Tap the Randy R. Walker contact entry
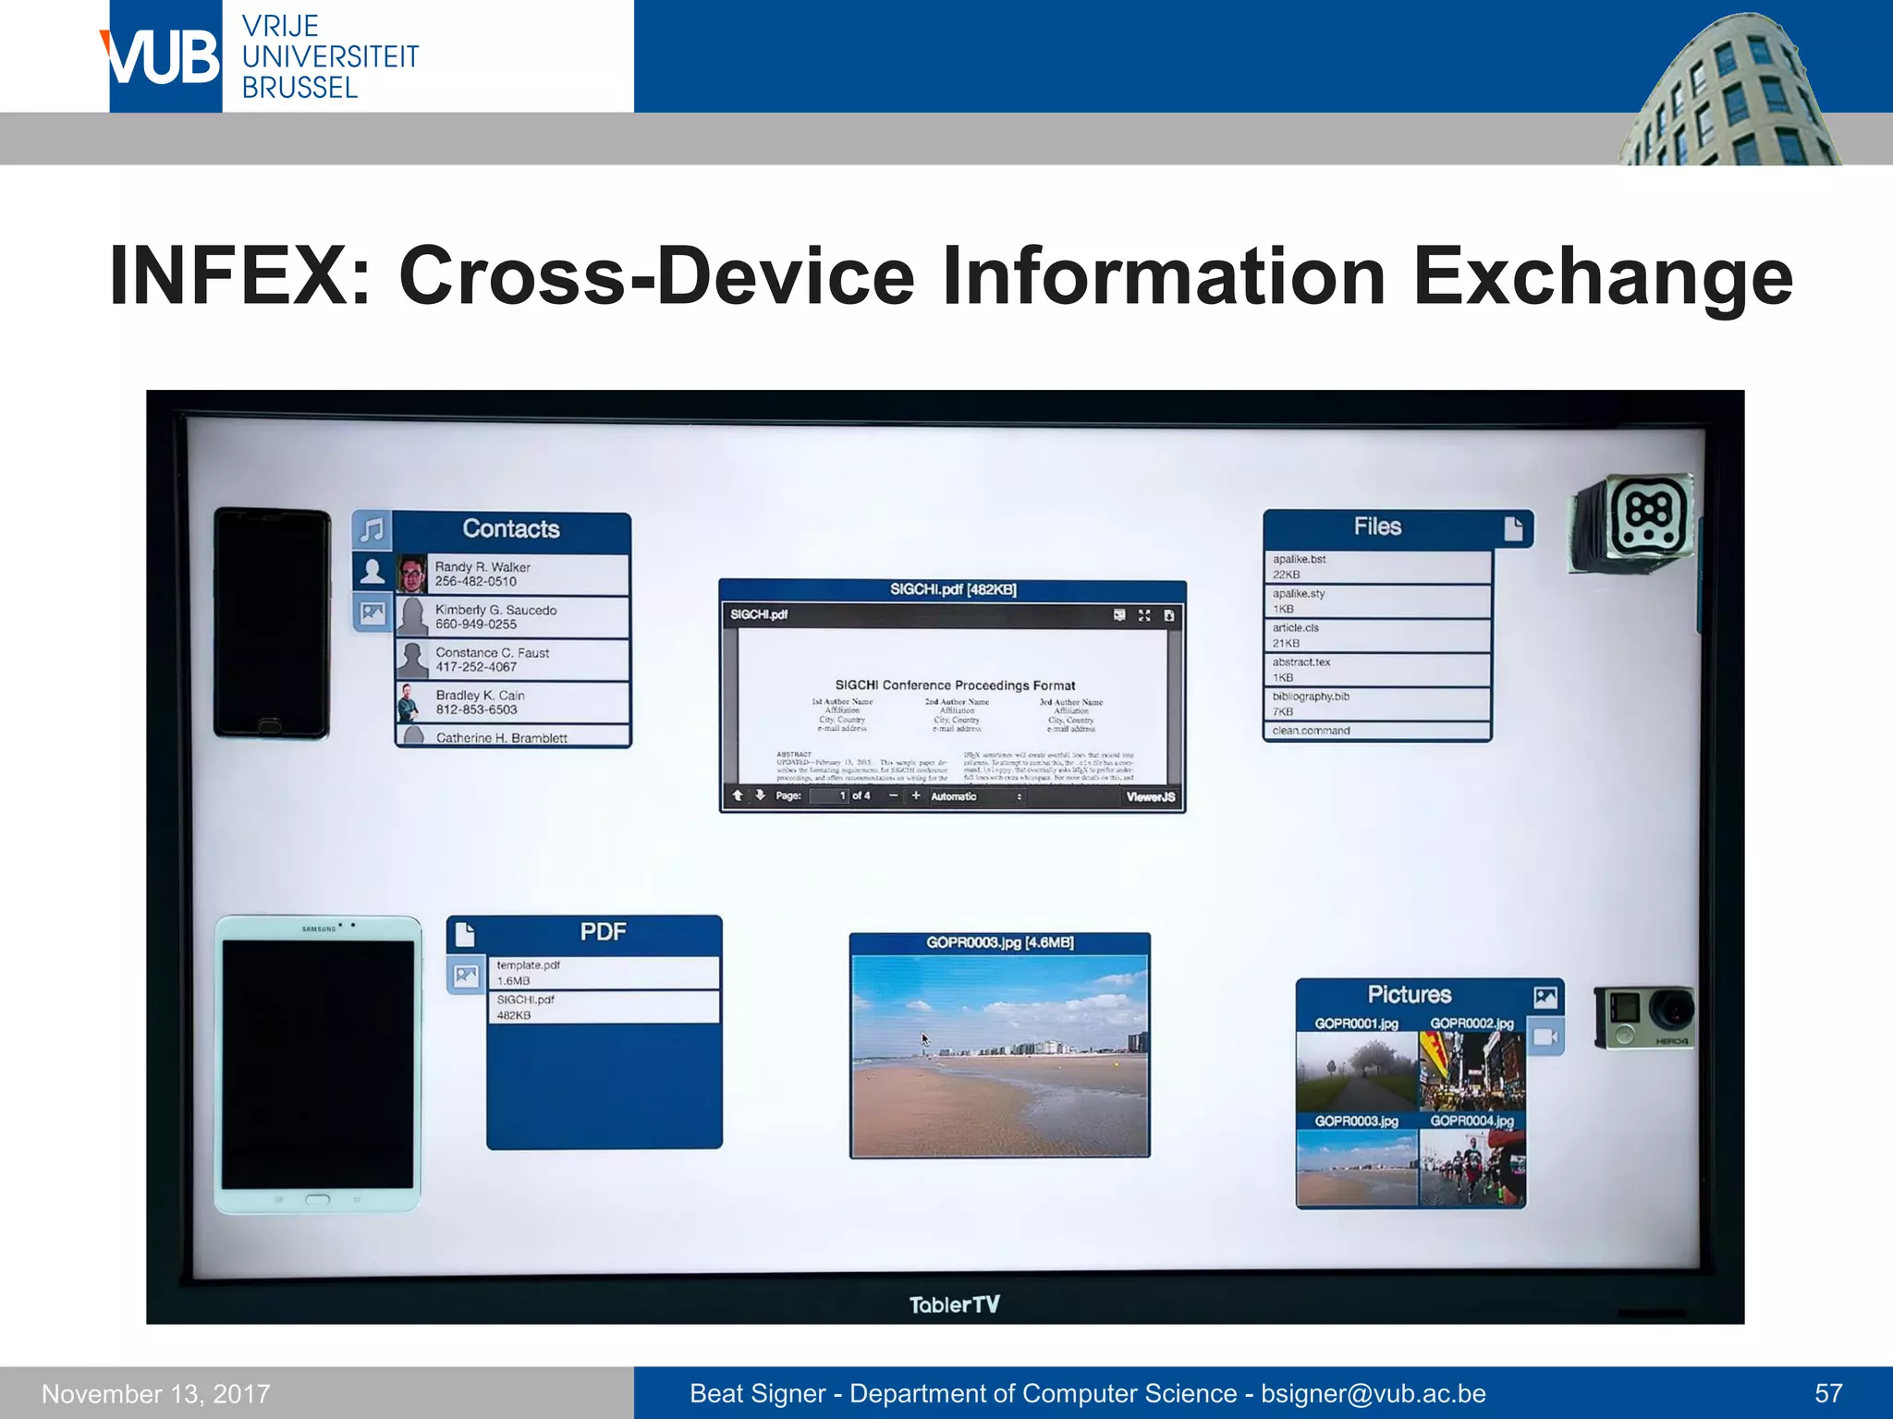point(512,574)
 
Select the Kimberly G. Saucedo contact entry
point(512,617)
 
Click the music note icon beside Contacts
point(372,529)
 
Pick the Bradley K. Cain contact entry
point(512,702)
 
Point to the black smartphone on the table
point(272,623)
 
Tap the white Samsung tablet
point(317,1063)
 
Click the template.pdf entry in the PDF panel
point(603,973)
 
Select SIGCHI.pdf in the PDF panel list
point(603,1007)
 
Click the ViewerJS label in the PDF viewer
point(1150,796)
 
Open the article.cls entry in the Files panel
point(1376,635)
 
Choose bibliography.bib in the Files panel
point(1376,703)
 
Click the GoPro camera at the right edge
point(1644,1017)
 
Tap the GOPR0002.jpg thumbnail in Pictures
point(1472,1070)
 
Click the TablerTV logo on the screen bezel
point(954,1304)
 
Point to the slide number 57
point(1828,1393)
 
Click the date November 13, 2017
point(156,1393)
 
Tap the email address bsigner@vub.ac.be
point(1374,1393)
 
